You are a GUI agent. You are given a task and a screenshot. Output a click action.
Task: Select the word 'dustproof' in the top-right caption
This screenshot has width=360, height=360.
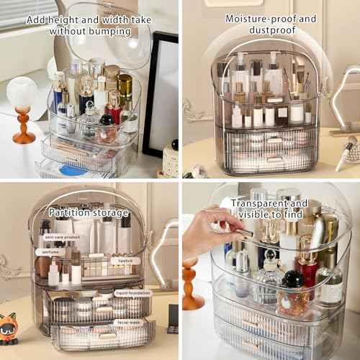click(271, 31)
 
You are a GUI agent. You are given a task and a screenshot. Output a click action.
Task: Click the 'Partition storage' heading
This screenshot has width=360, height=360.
click(89, 213)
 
